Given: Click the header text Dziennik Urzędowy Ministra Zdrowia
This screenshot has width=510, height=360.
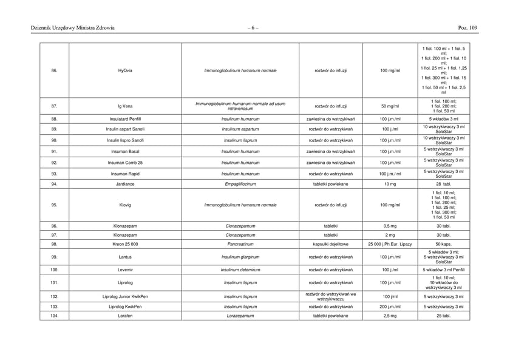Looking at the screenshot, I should click(x=73, y=28).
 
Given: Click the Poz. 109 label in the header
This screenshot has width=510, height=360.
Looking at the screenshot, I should click(x=469, y=28).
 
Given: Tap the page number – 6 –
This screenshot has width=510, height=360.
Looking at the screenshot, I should click(x=253, y=28).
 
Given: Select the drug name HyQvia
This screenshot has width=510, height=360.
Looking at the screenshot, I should click(x=125, y=70).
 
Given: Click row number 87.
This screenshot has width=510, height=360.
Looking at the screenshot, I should click(x=55, y=106).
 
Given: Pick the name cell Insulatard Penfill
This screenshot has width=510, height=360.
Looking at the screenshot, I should click(x=125, y=119).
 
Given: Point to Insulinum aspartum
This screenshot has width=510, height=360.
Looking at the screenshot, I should click(x=240, y=129).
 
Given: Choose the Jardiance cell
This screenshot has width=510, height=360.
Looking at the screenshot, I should click(x=125, y=183).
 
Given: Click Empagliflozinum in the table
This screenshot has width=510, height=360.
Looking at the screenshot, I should click(x=240, y=183).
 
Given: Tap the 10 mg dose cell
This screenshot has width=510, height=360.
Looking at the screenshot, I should click(x=390, y=183).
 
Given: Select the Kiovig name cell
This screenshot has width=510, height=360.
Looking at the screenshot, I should click(x=125, y=205).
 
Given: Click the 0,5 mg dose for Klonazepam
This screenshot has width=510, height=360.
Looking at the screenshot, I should click(x=390, y=225).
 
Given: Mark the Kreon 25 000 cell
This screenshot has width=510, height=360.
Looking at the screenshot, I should click(x=125, y=244).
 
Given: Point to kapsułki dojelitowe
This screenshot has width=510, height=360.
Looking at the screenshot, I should click(x=331, y=244).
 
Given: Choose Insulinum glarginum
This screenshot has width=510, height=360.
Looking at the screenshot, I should click(x=240, y=257).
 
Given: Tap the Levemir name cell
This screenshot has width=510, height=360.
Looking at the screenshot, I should click(x=125, y=269).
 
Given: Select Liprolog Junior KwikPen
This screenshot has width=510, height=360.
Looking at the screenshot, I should click(x=125, y=296).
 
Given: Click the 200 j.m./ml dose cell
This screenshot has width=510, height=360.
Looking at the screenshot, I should click(x=390, y=307).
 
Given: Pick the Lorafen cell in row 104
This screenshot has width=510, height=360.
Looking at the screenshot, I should click(x=125, y=316).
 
